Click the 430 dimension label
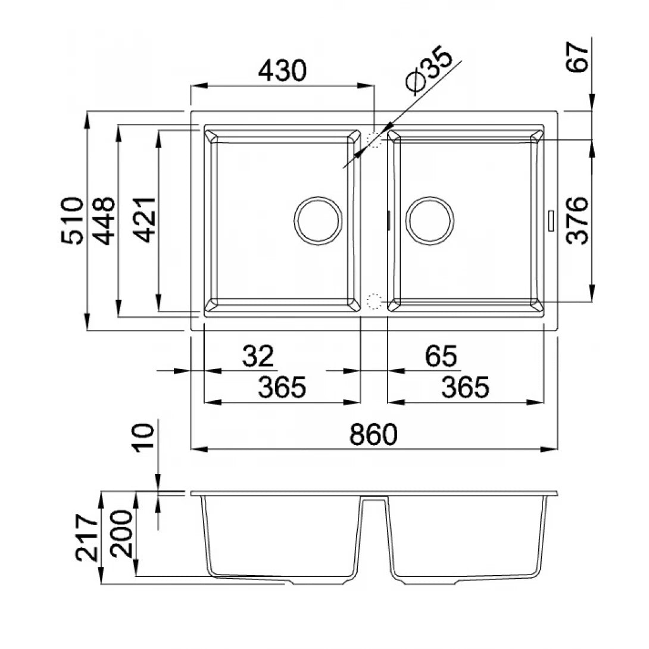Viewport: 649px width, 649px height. [x=282, y=71]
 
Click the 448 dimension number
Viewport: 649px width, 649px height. [x=103, y=221]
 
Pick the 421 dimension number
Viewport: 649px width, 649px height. [x=145, y=219]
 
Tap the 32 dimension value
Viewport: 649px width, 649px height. [x=258, y=356]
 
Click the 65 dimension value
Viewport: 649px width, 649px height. [x=441, y=356]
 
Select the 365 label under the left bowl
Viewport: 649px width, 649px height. [x=282, y=388]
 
